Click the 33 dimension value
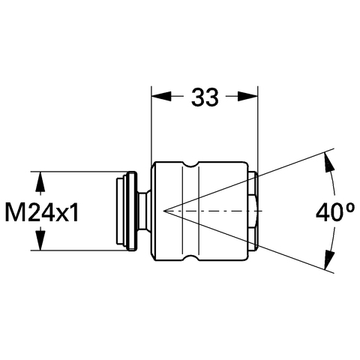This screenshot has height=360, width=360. pos(205,97)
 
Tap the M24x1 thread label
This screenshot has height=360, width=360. pos(42,212)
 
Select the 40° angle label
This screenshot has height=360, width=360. pos(335,212)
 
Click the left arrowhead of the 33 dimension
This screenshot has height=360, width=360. pos(161,96)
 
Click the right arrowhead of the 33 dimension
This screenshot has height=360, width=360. pos(247,96)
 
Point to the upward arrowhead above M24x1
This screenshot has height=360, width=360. pos(40,181)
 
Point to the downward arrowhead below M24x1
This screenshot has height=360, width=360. pos(40,240)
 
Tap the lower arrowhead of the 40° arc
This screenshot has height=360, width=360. pos(329,260)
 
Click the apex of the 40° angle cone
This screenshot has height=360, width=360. pos(163,211)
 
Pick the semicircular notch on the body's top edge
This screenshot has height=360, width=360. pos(190,164)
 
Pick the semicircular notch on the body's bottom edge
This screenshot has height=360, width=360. pos(190,258)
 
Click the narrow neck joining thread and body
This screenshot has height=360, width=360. pos(144,211)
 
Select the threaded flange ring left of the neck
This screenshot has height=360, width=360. pos(131,211)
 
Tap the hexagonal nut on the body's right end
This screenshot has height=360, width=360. pos(253,211)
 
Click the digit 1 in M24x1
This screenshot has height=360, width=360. pos(73,212)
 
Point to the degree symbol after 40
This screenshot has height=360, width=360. pos(350,208)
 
